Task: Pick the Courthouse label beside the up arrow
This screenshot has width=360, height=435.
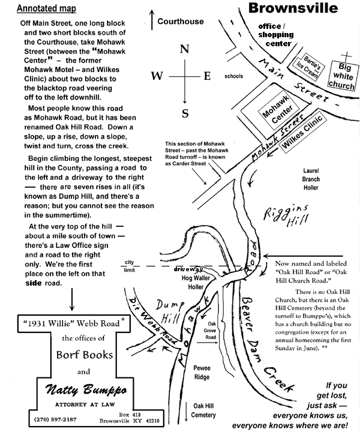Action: (180, 22)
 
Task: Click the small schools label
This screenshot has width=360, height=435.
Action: (234, 77)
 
